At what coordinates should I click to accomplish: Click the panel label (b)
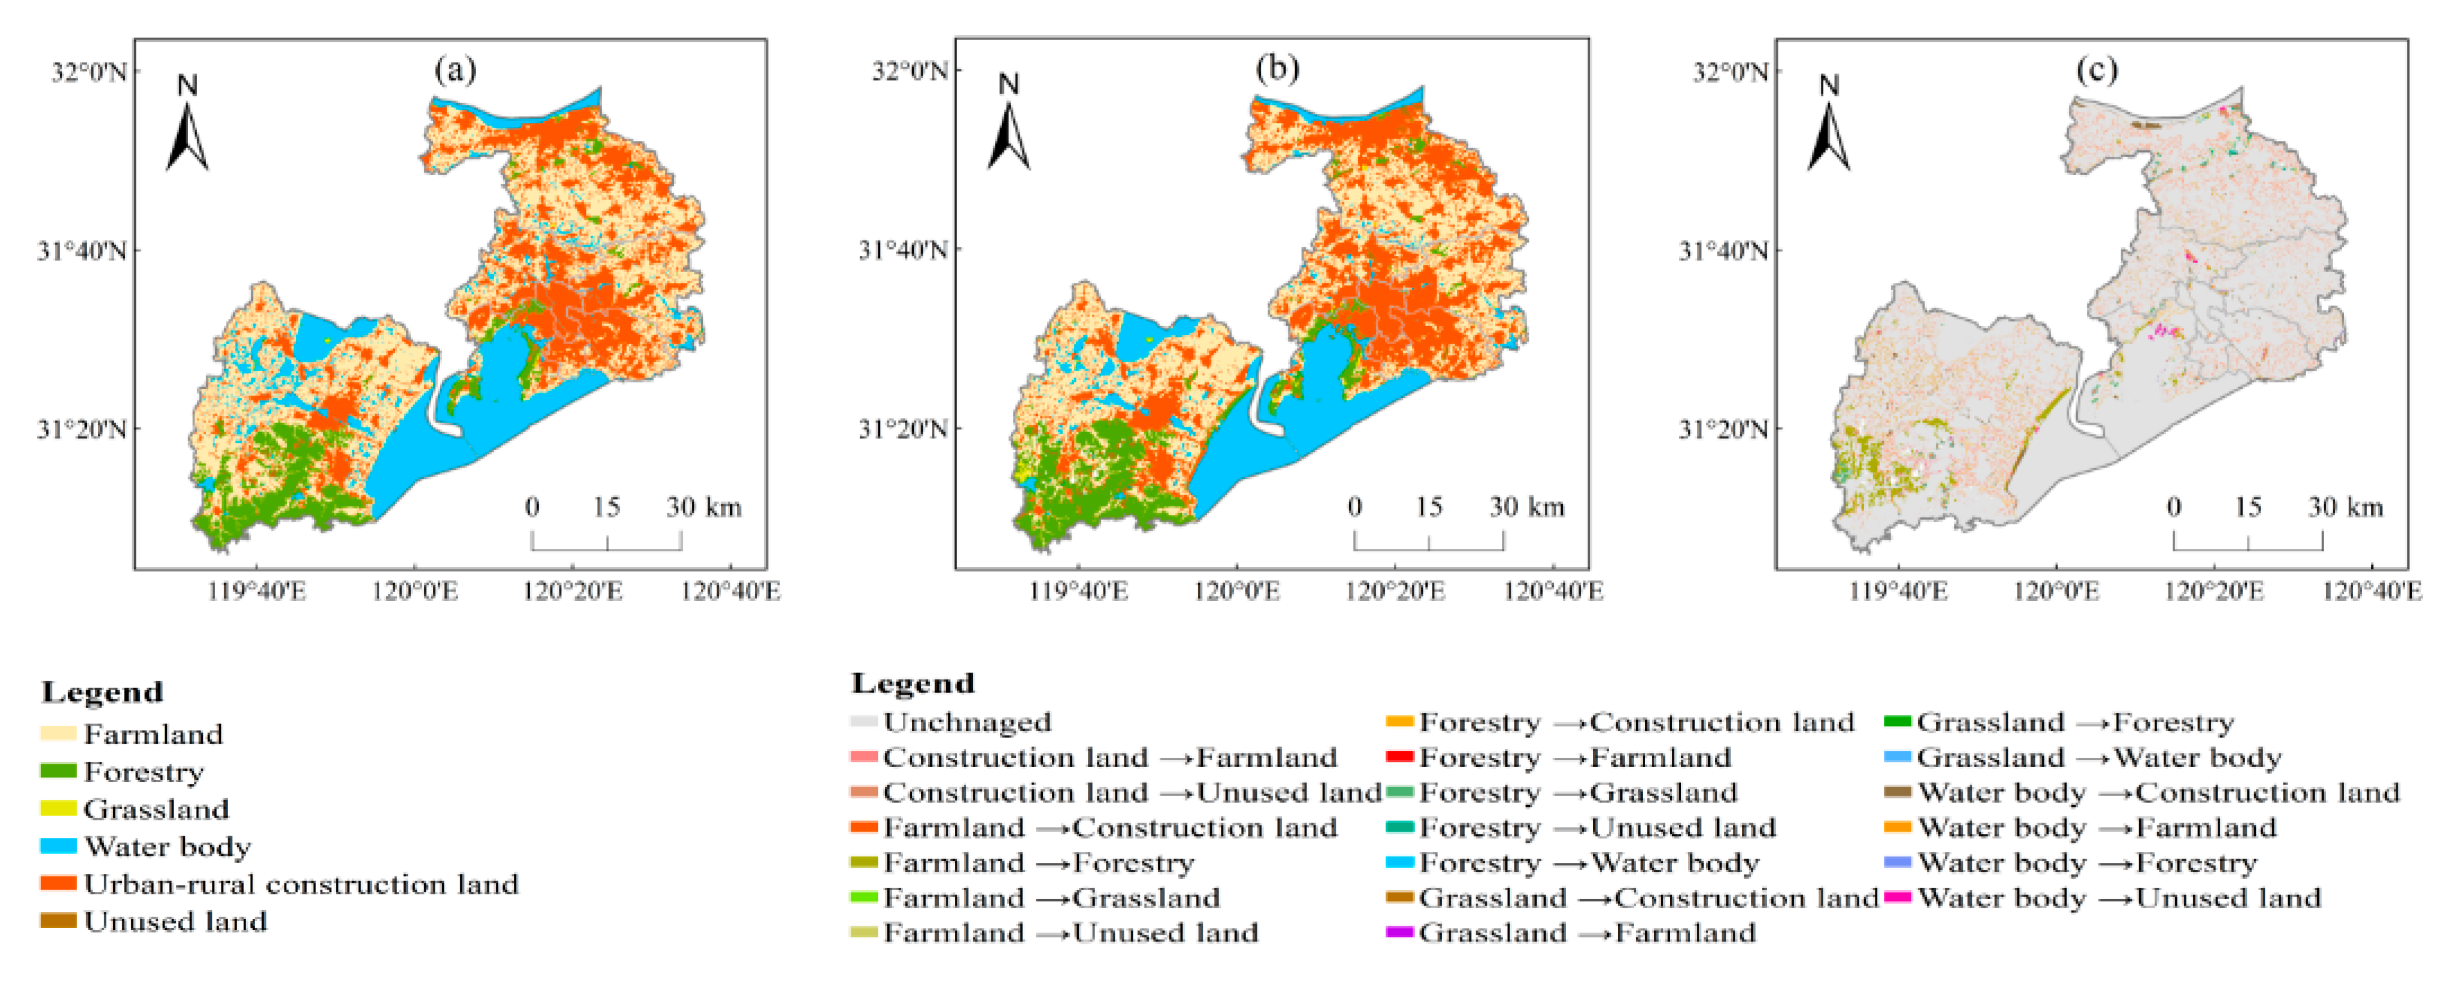coord(1277,69)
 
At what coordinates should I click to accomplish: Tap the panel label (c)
coord(2096,69)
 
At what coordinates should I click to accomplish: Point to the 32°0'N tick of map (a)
coord(88,72)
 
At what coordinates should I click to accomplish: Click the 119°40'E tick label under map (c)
coord(1897,592)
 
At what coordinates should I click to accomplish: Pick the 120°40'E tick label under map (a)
coord(730,592)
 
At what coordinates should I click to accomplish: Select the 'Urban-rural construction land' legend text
coord(300,884)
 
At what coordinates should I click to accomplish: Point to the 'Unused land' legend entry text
coord(175,921)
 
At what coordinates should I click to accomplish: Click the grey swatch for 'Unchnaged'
coord(863,722)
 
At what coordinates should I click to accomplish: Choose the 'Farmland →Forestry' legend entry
coord(1038,863)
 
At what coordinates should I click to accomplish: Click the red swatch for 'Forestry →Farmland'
coord(1399,757)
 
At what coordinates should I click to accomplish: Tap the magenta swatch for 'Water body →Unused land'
coord(1897,896)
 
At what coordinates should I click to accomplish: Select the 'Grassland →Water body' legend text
coord(2098,757)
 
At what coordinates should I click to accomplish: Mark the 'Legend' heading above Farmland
coord(102,691)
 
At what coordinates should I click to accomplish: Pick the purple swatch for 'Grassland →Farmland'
coord(1399,932)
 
